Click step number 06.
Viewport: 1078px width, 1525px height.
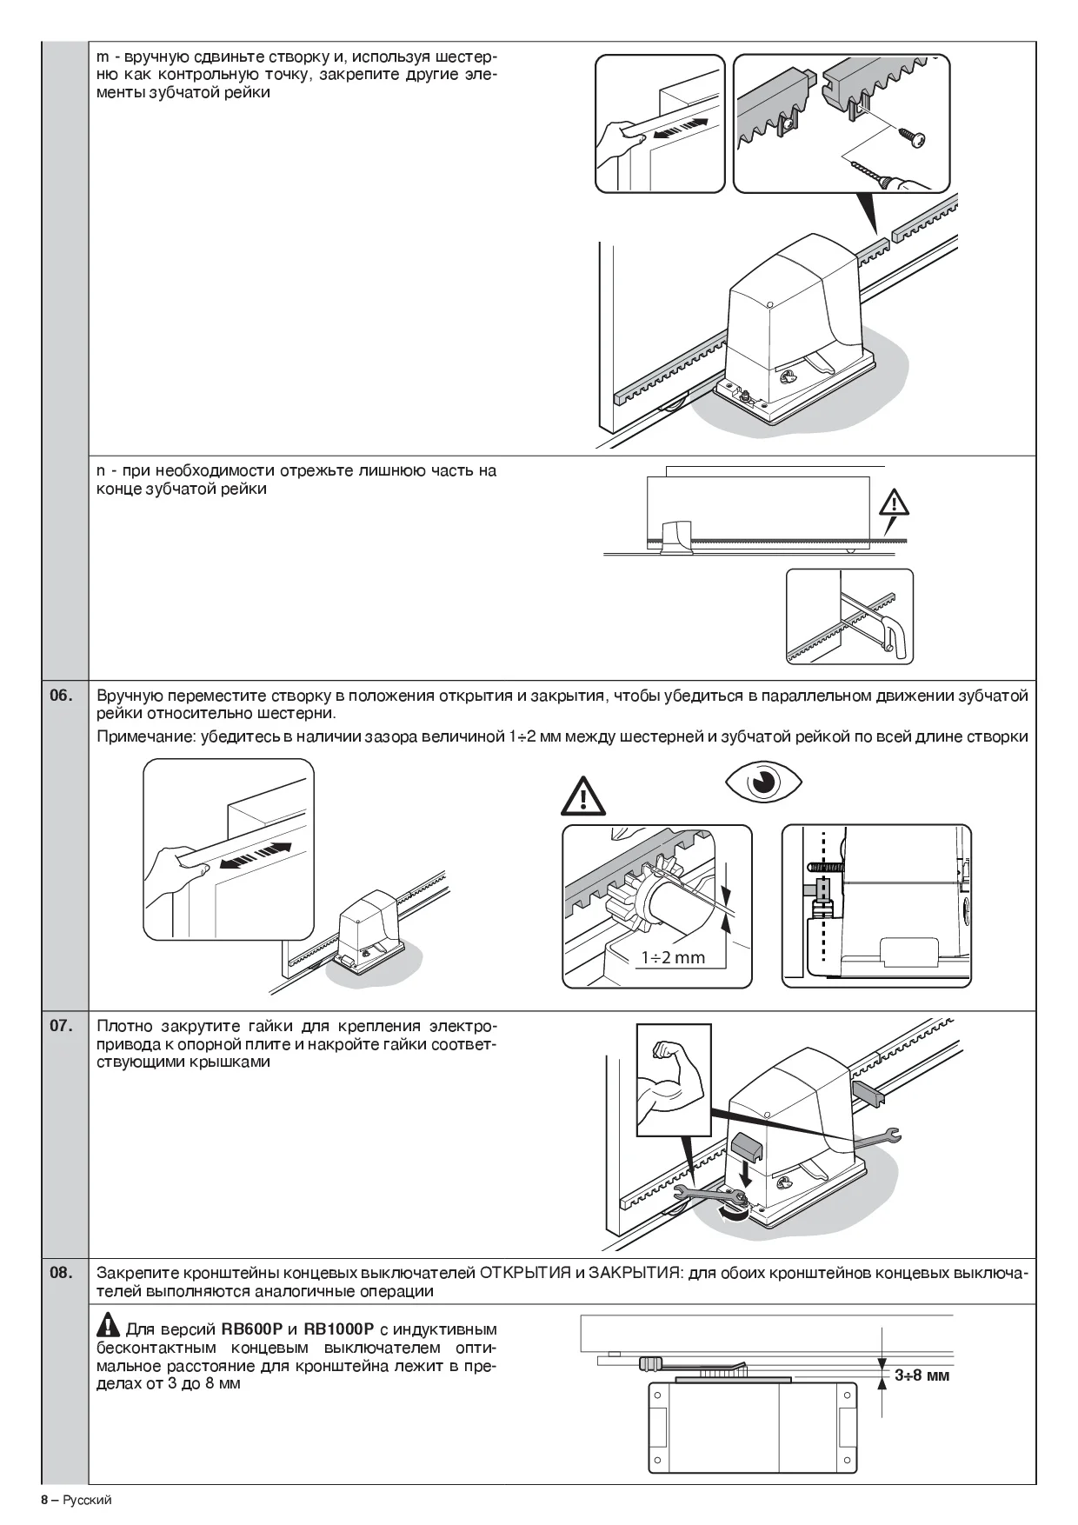[x=61, y=696]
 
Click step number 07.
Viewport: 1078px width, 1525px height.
[x=61, y=1026]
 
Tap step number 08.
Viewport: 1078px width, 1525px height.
[x=61, y=1274]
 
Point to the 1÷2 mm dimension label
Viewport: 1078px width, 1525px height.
[x=673, y=957]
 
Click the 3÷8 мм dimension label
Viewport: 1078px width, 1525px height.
[x=922, y=1375]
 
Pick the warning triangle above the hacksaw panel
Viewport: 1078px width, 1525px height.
[x=893, y=503]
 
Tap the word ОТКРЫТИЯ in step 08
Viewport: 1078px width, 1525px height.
[x=524, y=1274]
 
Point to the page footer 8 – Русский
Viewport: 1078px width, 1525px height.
[x=77, y=1500]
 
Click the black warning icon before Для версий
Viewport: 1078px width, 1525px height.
[x=108, y=1328]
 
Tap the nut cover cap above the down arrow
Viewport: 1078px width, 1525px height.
[x=746, y=1149]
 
